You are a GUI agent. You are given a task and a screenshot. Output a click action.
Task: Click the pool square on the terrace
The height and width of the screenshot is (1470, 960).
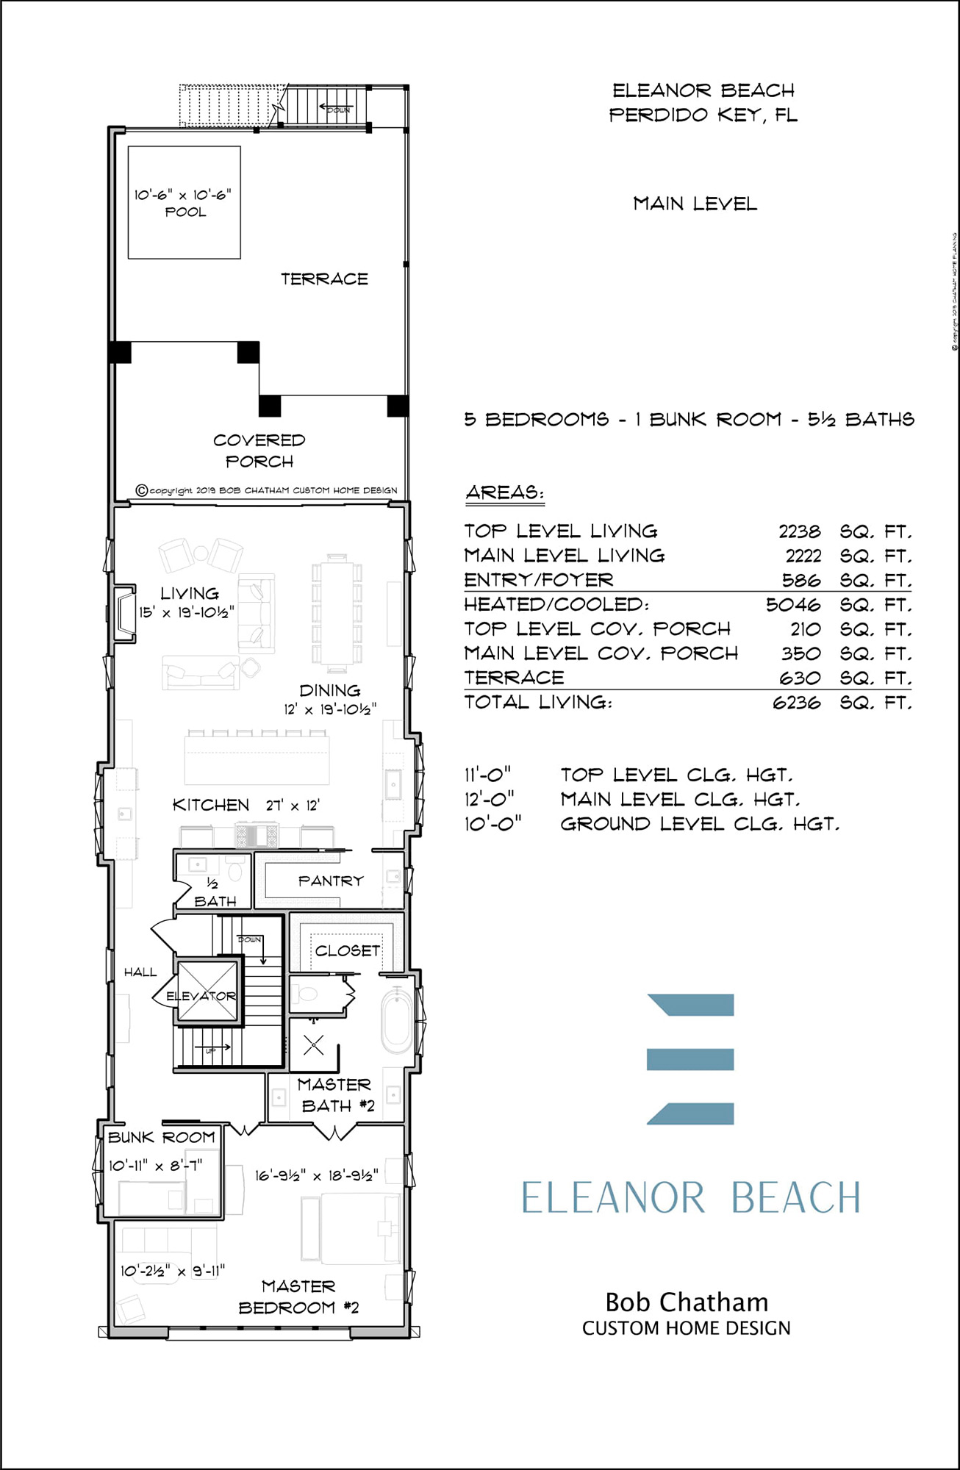pyautogui.click(x=184, y=202)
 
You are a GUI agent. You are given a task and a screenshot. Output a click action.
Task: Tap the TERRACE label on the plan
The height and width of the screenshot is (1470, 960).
pyautogui.click(x=324, y=279)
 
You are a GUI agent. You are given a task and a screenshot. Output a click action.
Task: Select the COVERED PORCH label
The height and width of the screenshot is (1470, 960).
pyautogui.click(x=259, y=451)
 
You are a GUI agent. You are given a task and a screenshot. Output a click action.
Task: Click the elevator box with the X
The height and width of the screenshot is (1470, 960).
pyautogui.click(x=208, y=990)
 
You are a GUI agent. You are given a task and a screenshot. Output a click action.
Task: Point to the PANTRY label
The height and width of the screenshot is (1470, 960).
pyautogui.click(x=331, y=881)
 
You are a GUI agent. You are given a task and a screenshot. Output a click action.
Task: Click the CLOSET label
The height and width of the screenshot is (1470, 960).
pyautogui.click(x=347, y=950)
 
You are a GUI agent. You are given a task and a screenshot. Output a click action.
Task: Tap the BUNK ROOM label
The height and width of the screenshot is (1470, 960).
pyautogui.click(x=162, y=1137)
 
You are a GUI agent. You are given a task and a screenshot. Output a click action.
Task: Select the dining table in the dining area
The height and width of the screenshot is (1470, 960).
pyautogui.click(x=337, y=613)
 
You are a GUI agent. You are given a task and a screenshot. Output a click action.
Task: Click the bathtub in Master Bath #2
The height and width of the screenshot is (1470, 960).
pyautogui.click(x=397, y=1022)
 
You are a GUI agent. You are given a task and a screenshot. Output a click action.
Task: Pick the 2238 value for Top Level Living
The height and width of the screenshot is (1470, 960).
pyautogui.click(x=799, y=531)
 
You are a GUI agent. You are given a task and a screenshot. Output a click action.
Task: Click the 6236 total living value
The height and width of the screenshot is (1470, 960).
pyautogui.click(x=796, y=703)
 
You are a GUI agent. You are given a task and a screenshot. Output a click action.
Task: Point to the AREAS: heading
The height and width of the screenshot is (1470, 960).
pyautogui.click(x=505, y=492)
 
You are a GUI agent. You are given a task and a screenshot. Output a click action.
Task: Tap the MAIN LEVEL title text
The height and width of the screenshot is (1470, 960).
pyautogui.click(x=695, y=204)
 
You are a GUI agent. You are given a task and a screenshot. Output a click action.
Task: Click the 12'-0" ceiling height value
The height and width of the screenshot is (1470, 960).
pyautogui.click(x=490, y=799)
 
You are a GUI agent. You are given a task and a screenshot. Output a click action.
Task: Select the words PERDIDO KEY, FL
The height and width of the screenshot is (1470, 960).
pyautogui.click(x=703, y=115)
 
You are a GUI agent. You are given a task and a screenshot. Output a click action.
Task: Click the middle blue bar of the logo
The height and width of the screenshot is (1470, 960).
pyautogui.click(x=690, y=1059)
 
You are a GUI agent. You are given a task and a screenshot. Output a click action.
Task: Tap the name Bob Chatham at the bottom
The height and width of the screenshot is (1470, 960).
pyautogui.click(x=687, y=1302)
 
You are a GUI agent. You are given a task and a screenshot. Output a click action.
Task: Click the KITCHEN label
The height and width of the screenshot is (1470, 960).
pyautogui.click(x=211, y=805)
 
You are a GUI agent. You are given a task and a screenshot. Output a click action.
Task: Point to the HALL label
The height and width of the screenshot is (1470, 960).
pyautogui.click(x=140, y=972)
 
